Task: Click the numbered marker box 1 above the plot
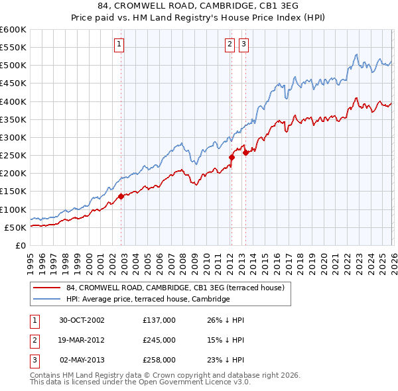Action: click(x=119, y=44)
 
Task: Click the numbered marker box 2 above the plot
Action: click(x=230, y=44)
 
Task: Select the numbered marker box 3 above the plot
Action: click(x=243, y=44)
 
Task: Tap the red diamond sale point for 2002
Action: click(x=121, y=196)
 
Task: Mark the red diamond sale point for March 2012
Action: click(x=232, y=157)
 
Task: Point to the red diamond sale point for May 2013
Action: click(x=245, y=152)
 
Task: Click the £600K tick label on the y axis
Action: click(x=13, y=30)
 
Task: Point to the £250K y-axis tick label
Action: click(x=13, y=156)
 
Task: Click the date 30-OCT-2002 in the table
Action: click(x=82, y=320)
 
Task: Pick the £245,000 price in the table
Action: click(x=159, y=340)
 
